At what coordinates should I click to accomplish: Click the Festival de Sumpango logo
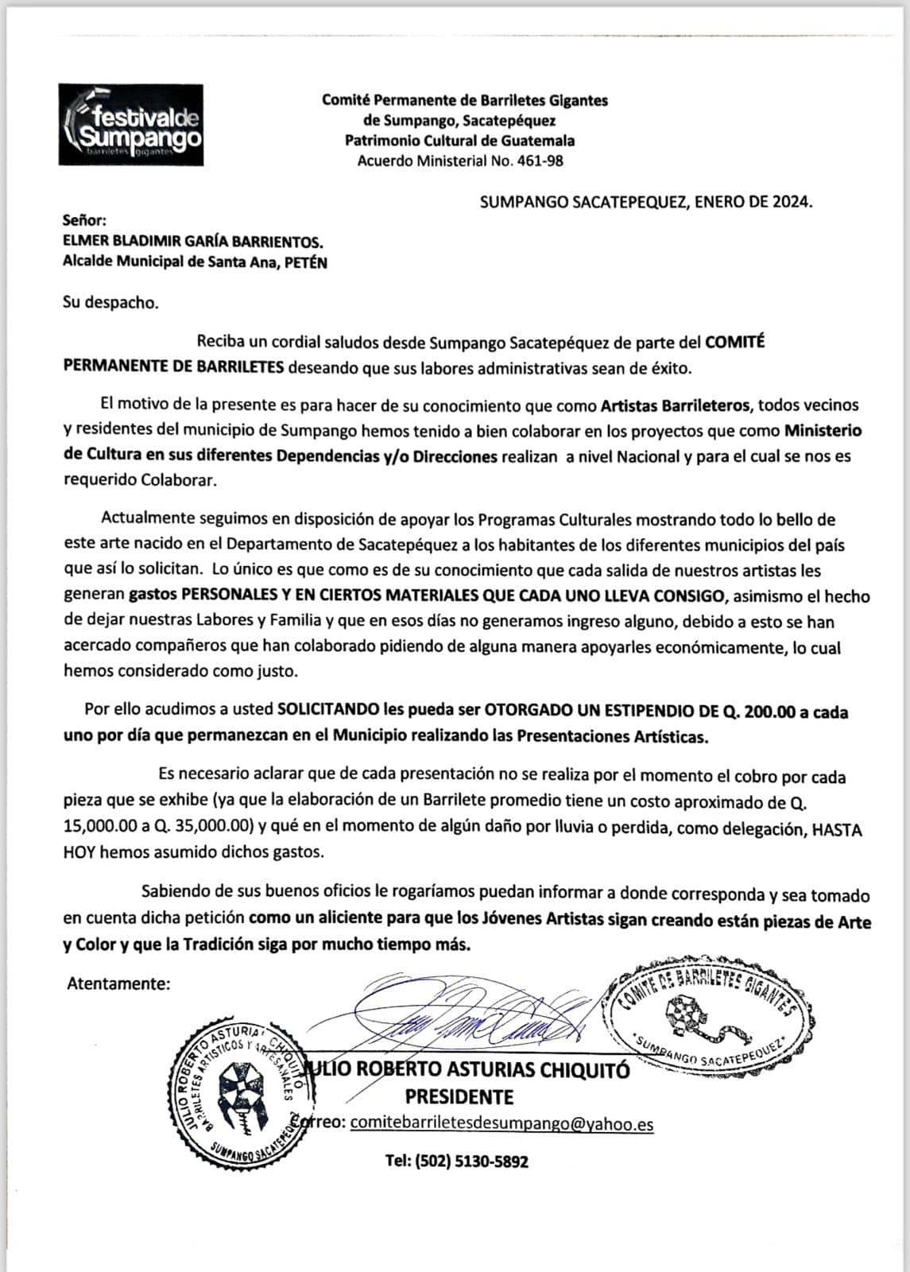tap(130, 125)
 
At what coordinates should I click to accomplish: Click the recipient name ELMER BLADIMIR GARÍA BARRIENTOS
tap(193, 242)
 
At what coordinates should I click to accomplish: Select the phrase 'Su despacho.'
tap(110, 303)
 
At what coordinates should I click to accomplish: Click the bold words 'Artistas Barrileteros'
tap(675, 405)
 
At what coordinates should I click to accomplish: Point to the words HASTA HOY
tap(837, 828)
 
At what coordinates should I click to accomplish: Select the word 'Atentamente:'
tap(118, 983)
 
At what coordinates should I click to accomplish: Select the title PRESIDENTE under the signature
tap(459, 1097)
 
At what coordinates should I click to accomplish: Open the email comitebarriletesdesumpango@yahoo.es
tap(502, 1123)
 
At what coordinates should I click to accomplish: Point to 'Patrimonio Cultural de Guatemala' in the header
tap(459, 141)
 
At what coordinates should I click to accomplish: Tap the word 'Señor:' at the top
tap(84, 221)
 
